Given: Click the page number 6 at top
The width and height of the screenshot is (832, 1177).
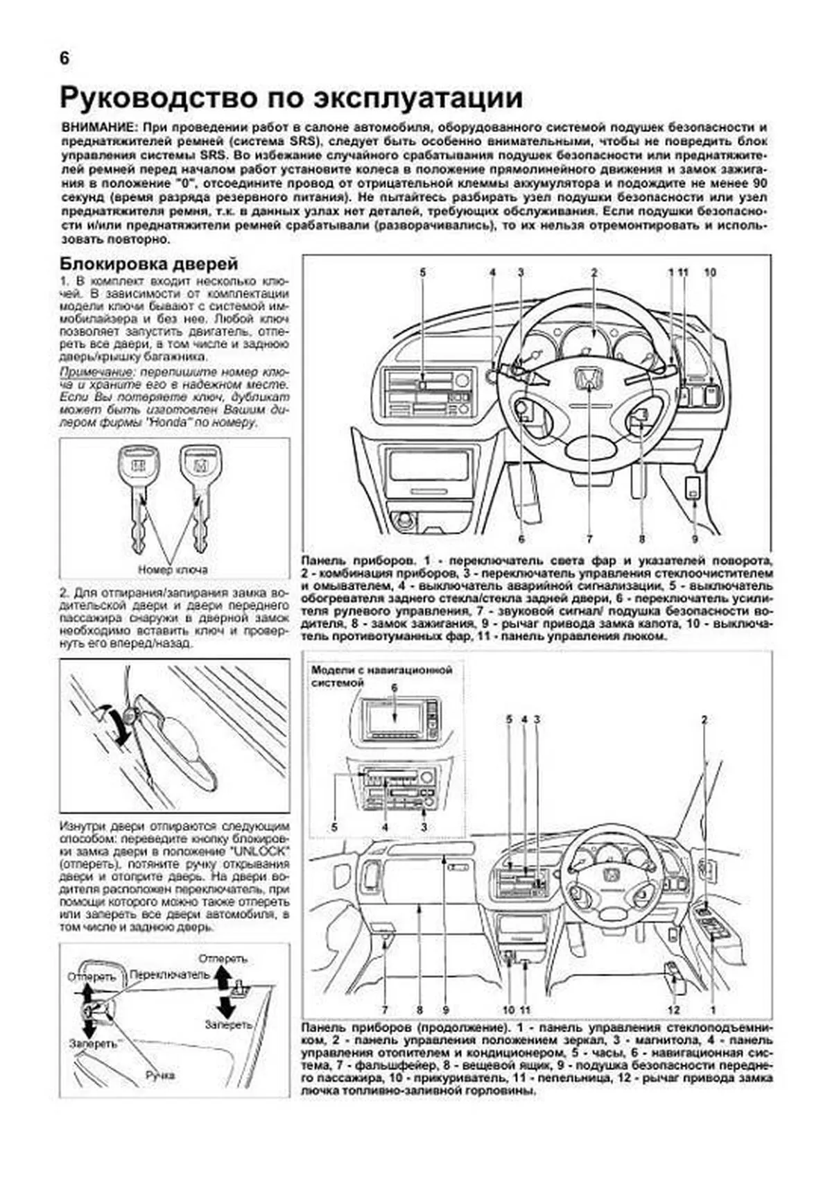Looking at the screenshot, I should (64, 59).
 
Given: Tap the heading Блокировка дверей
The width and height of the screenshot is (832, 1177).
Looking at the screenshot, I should (149, 264).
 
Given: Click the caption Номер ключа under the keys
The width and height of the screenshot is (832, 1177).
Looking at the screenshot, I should (173, 569).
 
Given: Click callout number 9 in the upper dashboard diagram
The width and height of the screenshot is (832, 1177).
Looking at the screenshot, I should (695, 538).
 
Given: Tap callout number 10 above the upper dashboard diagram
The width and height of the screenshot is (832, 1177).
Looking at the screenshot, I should (709, 273).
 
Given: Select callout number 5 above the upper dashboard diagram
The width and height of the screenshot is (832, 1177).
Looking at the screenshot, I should (422, 273).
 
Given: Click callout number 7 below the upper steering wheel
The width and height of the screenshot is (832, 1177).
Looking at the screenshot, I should (589, 538).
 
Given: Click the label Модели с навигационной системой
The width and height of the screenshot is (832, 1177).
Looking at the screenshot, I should (382, 676).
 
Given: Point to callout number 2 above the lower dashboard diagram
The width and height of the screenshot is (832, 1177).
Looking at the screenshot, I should (704, 720).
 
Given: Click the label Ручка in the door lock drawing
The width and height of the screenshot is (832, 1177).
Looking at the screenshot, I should (160, 1075).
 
